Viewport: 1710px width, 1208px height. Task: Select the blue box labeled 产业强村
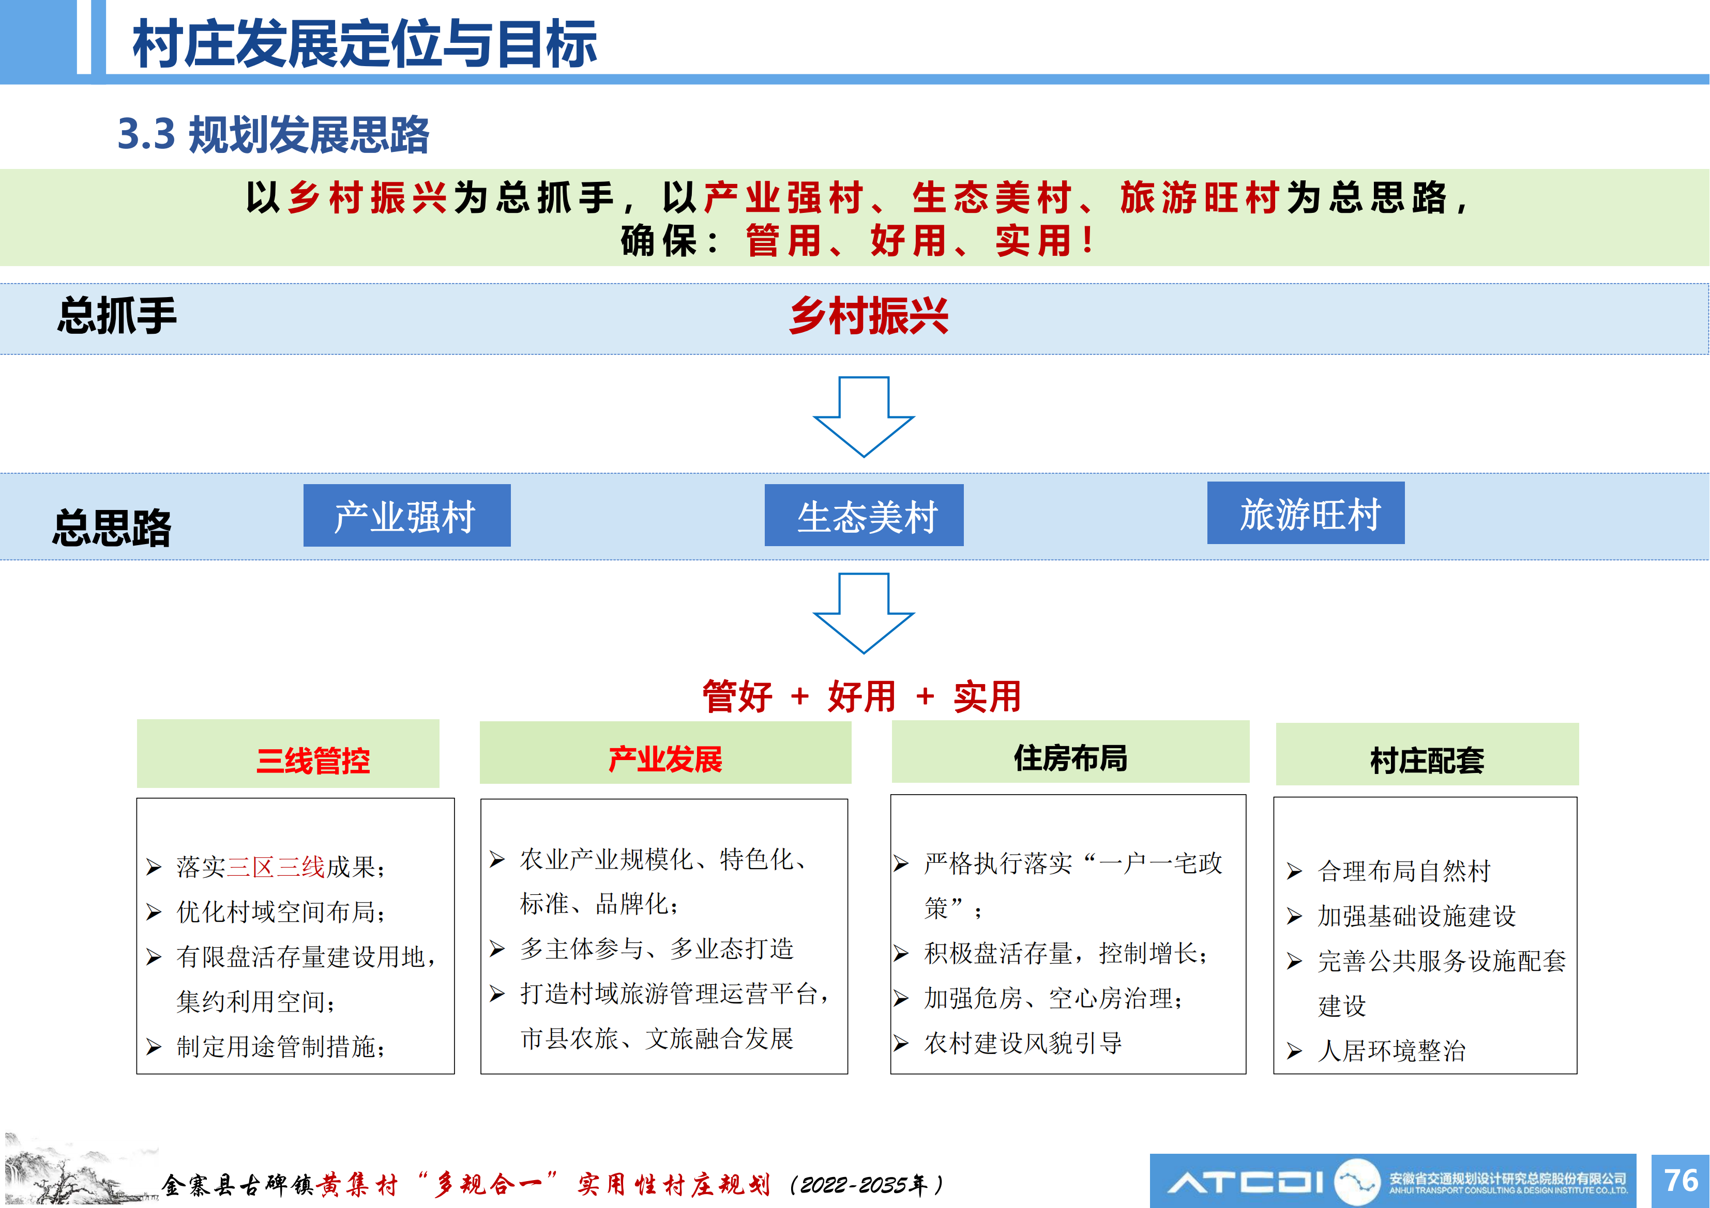[x=406, y=515]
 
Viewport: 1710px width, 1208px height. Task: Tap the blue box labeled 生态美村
[x=864, y=515]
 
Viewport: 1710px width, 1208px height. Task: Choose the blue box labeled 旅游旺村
[x=1306, y=513]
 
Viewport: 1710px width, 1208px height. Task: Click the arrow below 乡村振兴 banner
[x=864, y=417]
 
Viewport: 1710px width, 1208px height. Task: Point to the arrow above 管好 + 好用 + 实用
[x=864, y=613]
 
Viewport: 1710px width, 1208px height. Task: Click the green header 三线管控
[x=288, y=753]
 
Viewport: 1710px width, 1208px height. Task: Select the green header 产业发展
[x=665, y=752]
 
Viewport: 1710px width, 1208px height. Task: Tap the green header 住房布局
[x=1070, y=752]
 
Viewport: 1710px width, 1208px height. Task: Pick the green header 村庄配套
[x=1427, y=754]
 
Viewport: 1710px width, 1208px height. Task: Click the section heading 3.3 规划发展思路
[x=274, y=135]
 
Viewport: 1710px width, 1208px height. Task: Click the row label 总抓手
[x=117, y=316]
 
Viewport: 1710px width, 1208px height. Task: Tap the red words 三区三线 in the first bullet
[x=276, y=867]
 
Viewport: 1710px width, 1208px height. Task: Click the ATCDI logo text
[x=1245, y=1181]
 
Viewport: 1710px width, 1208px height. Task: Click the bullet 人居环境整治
[x=1391, y=1051]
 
